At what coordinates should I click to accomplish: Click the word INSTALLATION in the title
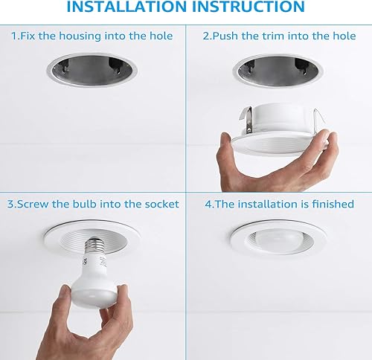(x=126, y=7)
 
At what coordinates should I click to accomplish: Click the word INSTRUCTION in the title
(x=250, y=7)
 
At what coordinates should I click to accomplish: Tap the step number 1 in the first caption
(x=15, y=36)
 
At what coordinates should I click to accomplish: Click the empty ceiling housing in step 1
(x=92, y=73)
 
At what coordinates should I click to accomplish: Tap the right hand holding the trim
(x=316, y=167)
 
